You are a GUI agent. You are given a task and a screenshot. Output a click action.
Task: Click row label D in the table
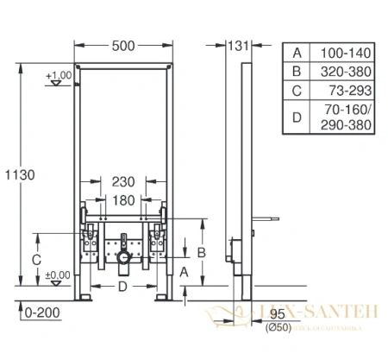297,117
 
